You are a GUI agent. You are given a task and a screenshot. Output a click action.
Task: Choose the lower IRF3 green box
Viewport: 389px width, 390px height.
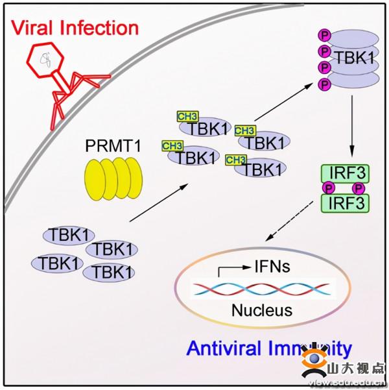[x=344, y=202]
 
